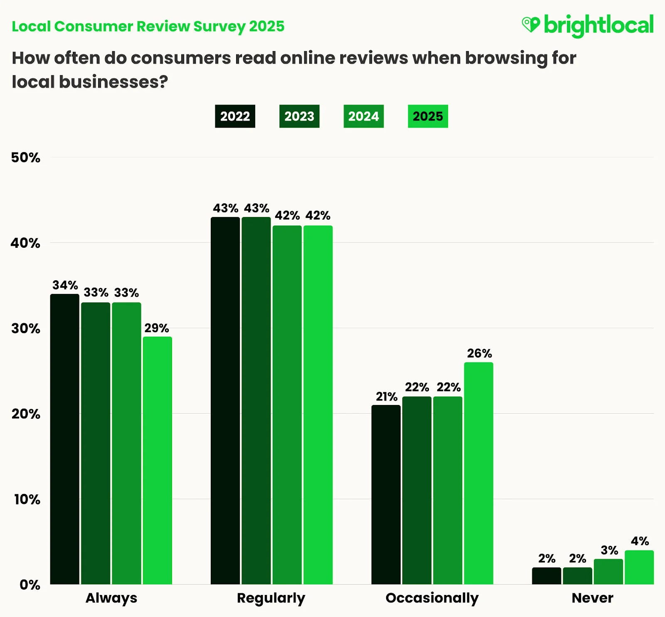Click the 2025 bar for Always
(158, 461)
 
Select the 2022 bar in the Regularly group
(225, 401)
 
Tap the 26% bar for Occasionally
(478, 473)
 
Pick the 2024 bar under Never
(608, 572)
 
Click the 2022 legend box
(235, 116)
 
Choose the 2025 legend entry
(428, 116)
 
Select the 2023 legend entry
(299, 116)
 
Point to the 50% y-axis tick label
(26, 158)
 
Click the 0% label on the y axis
(30, 585)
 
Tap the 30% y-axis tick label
(26, 328)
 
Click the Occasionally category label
(432, 598)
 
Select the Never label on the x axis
(592, 598)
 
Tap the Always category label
(111, 598)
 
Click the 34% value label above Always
(65, 285)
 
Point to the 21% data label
(387, 397)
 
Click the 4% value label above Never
(640, 541)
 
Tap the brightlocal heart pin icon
(531, 25)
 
